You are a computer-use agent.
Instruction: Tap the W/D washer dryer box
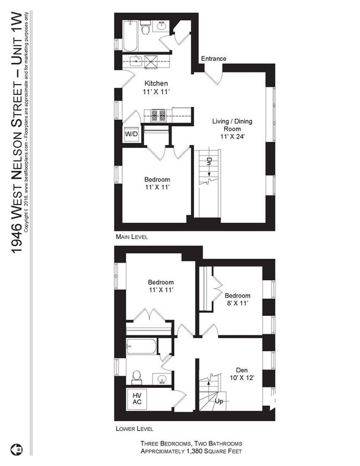[131, 134]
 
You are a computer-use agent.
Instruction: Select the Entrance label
[213, 59]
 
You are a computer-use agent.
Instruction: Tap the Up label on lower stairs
[219, 401]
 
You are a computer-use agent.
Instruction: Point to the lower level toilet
[137, 378]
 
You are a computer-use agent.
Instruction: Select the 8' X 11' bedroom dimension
[237, 304]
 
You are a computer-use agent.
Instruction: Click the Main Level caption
[131, 237]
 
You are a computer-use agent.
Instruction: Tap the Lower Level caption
[134, 429]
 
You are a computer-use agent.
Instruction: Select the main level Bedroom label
[157, 180]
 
